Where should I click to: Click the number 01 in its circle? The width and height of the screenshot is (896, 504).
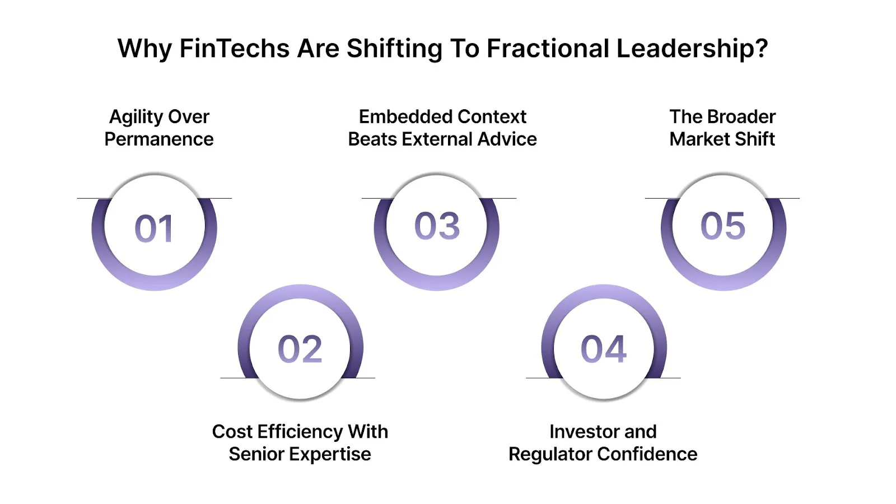tap(154, 228)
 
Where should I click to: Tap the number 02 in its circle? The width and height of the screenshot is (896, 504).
tap(300, 349)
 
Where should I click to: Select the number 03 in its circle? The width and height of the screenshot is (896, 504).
tap(437, 226)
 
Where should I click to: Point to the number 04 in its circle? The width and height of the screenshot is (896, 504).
tap(603, 349)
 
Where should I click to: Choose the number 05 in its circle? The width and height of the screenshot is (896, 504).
tap(723, 226)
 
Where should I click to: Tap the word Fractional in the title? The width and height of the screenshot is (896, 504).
tap(548, 49)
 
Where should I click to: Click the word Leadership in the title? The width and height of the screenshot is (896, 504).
tap(692, 49)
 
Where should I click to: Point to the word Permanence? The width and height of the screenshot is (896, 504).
tap(159, 139)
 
